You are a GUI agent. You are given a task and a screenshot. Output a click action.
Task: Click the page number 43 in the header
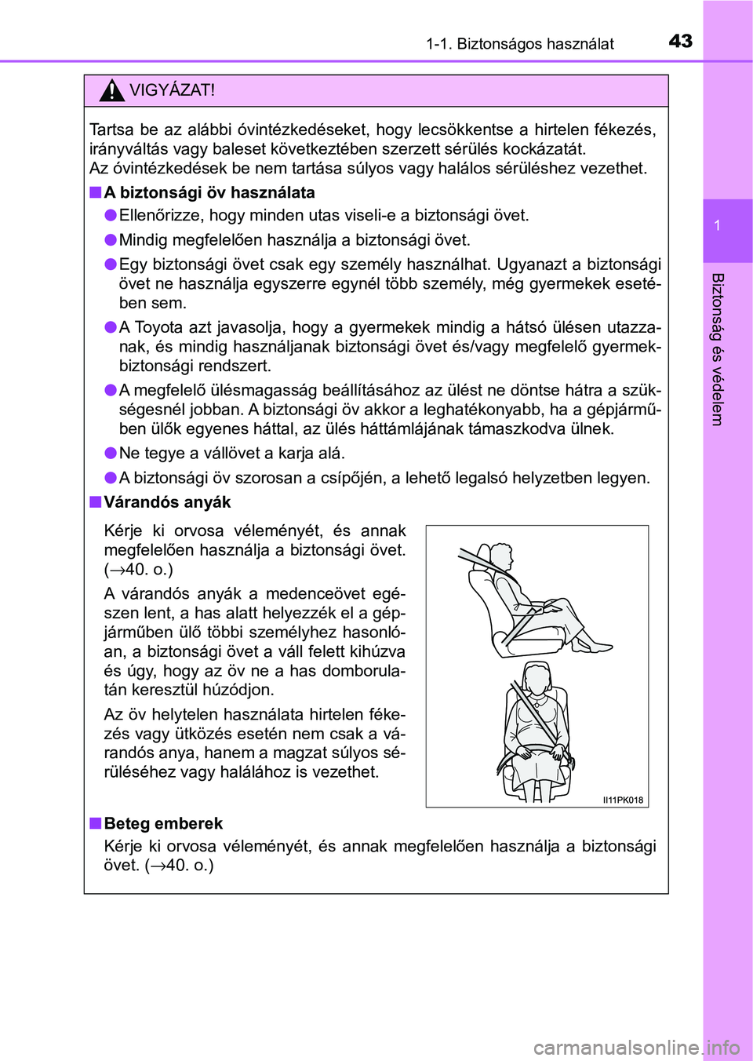pyautogui.click(x=680, y=41)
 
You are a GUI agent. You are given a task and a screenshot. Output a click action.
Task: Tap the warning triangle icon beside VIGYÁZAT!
pyautogui.click(x=112, y=92)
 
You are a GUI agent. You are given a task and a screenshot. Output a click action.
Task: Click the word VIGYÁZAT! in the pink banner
pyautogui.click(x=172, y=90)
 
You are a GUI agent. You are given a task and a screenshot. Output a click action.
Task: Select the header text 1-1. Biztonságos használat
pyautogui.click(x=519, y=44)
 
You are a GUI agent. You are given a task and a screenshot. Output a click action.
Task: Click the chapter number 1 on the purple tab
pyautogui.click(x=717, y=226)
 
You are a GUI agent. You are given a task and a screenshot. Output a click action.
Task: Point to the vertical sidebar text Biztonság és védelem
pyautogui.click(x=717, y=349)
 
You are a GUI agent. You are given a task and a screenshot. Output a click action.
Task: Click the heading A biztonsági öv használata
pyautogui.click(x=209, y=193)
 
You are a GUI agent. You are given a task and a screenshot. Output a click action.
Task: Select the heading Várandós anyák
pyautogui.click(x=167, y=502)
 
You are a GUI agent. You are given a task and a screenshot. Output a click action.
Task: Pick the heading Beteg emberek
pyautogui.click(x=163, y=824)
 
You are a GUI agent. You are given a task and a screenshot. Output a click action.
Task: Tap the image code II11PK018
pyautogui.click(x=623, y=800)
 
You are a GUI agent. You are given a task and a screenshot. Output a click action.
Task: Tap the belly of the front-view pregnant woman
pyautogui.click(x=535, y=730)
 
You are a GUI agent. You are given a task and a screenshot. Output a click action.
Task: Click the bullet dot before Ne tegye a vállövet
pyautogui.click(x=111, y=454)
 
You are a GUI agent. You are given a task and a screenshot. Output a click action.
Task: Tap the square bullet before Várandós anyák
pyautogui.click(x=95, y=502)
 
